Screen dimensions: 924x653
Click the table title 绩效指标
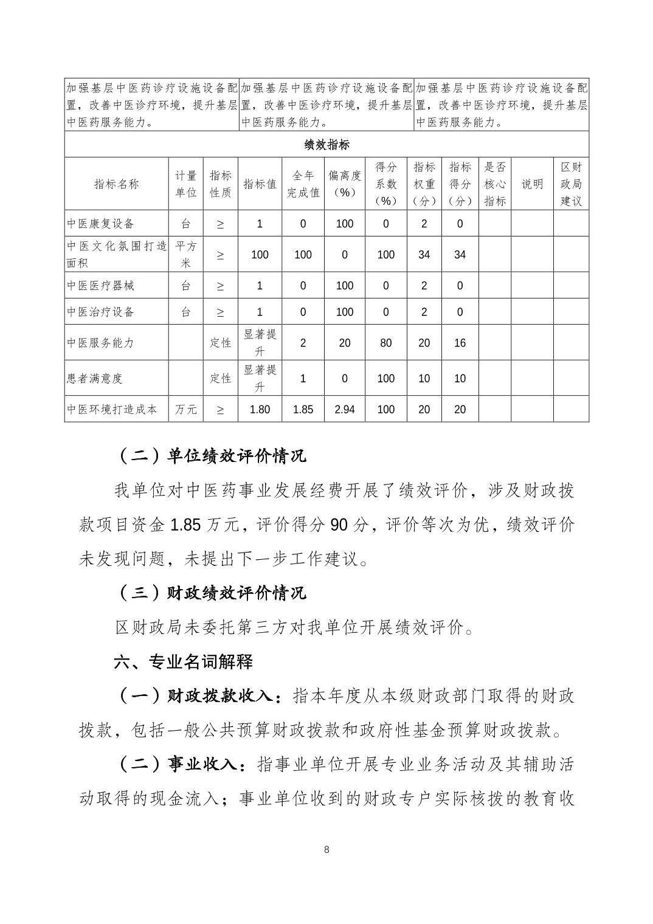point(326,145)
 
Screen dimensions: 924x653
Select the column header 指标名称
point(116,184)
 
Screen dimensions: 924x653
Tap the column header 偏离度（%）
point(345,184)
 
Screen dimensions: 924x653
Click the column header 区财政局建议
point(571,184)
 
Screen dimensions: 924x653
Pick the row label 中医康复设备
point(100,224)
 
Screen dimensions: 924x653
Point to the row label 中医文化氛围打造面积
point(116,254)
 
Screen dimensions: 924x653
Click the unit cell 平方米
point(186,254)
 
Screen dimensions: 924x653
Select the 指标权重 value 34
point(424,255)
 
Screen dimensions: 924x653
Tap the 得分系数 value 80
point(385,343)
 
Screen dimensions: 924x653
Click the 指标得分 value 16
point(460,343)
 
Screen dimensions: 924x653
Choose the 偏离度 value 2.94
point(345,410)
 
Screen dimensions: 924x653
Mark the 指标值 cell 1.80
point(260,410)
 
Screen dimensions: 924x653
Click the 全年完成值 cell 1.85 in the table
point(303,410)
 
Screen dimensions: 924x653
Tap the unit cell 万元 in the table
point(186,410)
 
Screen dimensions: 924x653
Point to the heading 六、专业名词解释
point(183,662)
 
